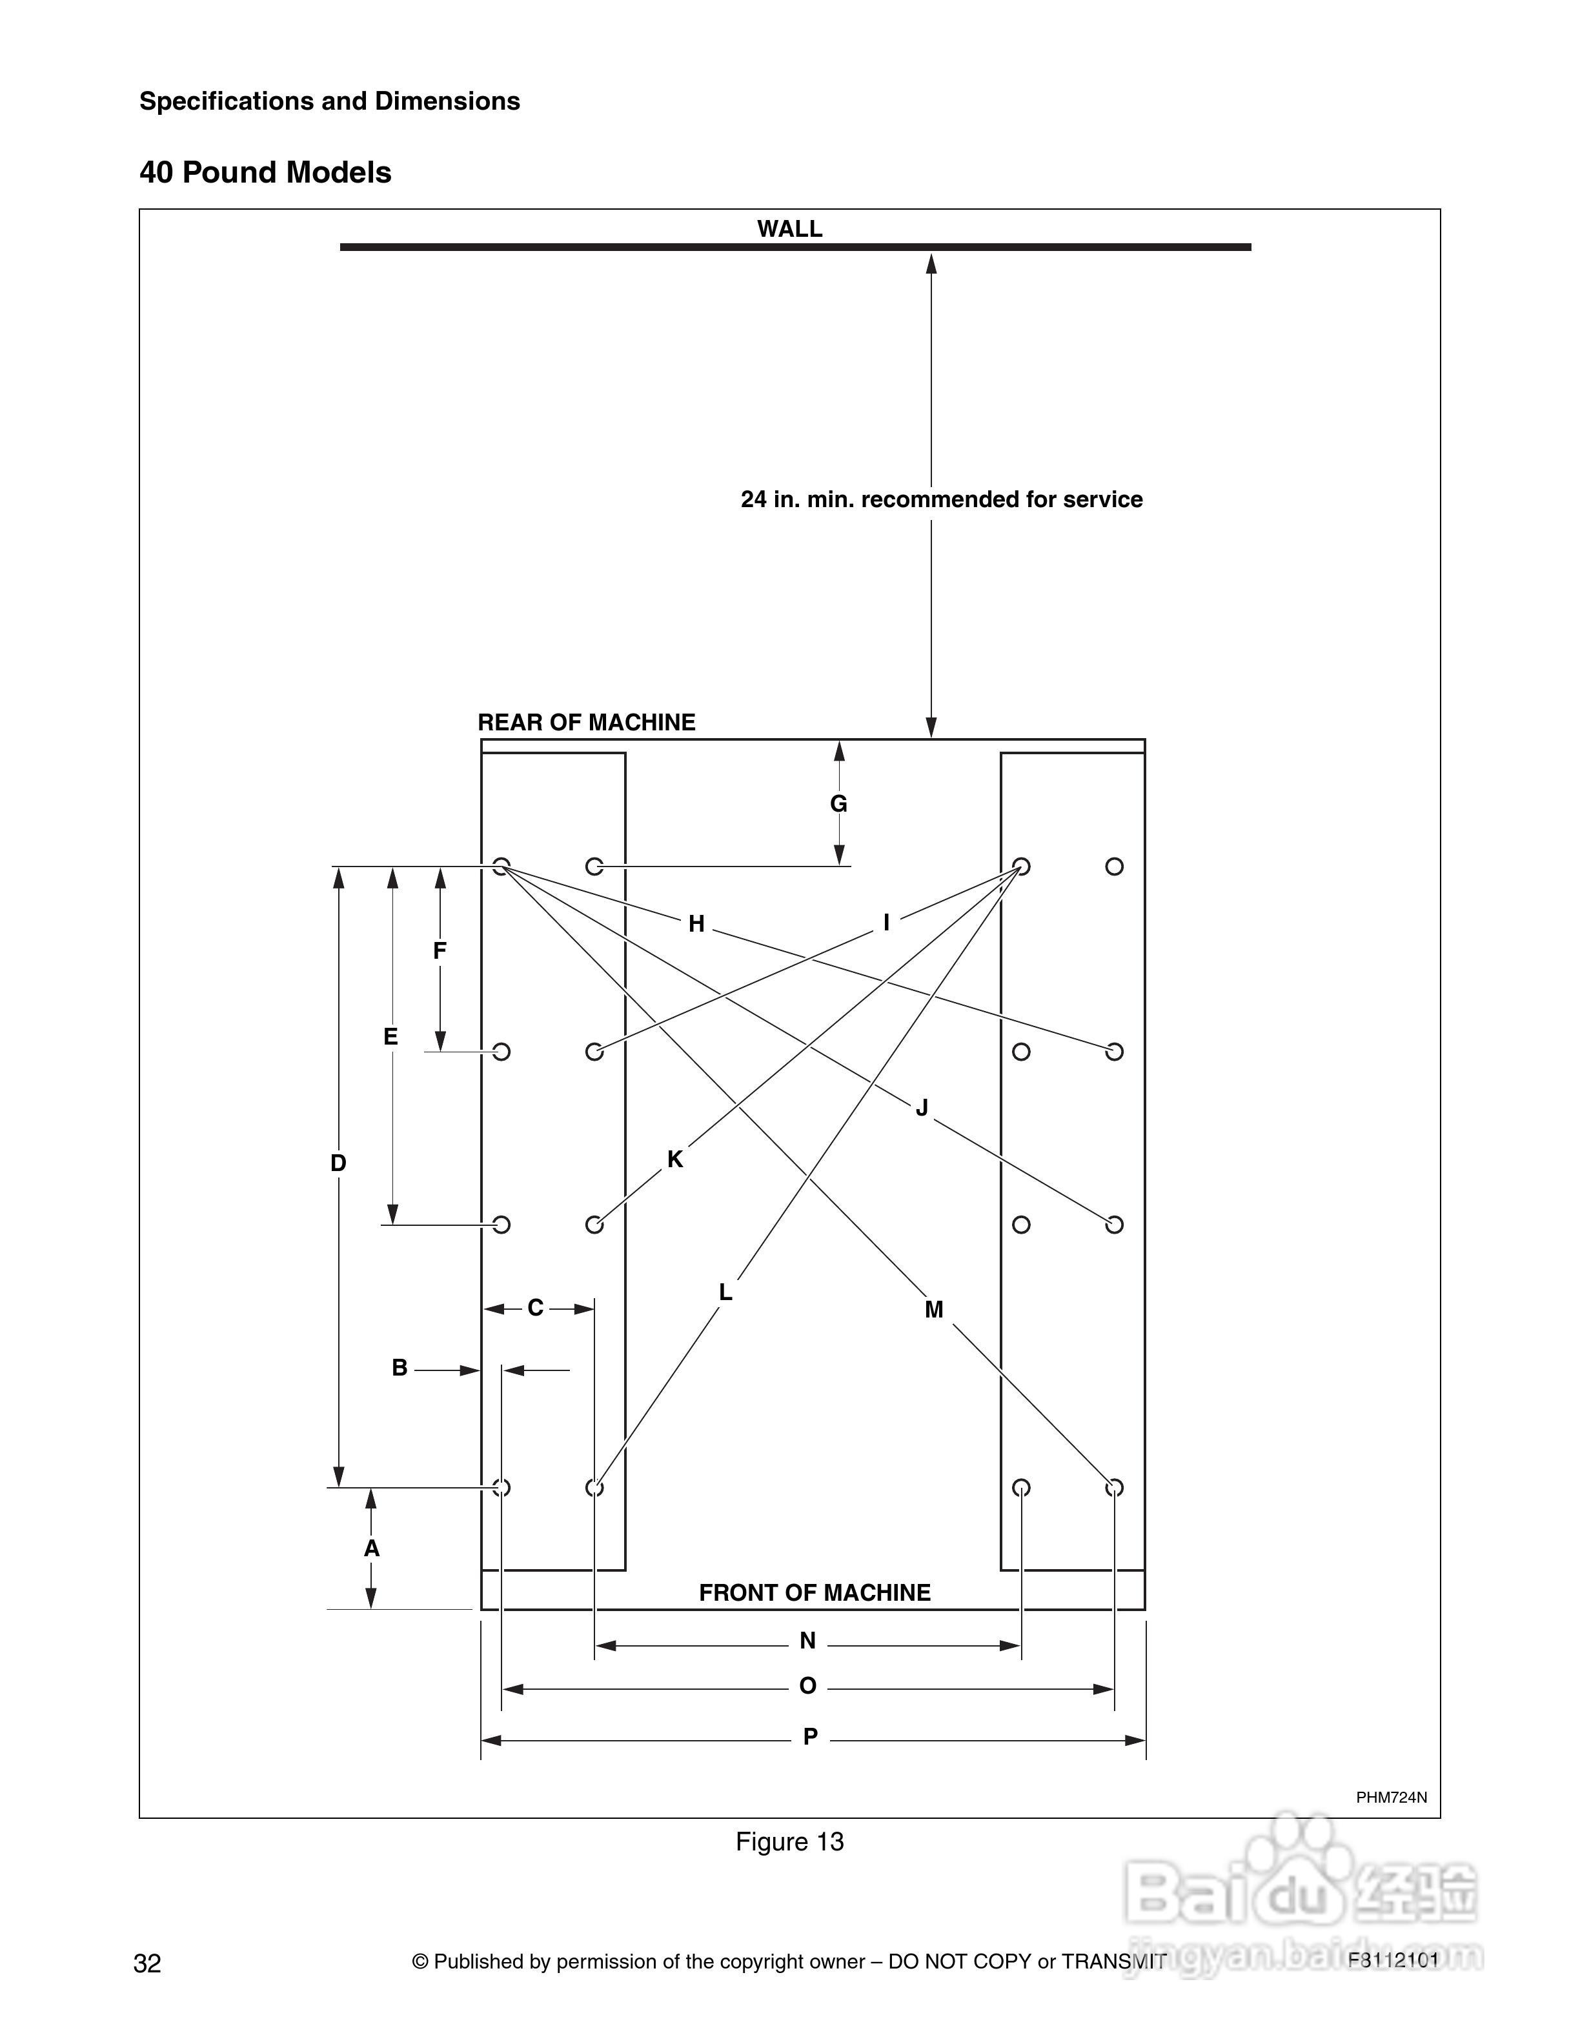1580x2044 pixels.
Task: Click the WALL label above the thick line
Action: click(789, 229)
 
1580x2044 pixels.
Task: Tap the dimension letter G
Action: click(838, 804)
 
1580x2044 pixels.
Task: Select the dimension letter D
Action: click(339, 1163)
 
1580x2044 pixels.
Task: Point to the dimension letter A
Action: click(372, 1549)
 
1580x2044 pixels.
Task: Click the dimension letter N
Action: click(808, 1641)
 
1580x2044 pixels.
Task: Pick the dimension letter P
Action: click(811, 1737)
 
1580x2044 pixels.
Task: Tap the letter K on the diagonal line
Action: click(675, 1159)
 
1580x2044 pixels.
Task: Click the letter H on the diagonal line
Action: click(696, 925)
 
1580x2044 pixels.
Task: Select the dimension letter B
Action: click(400, 1368)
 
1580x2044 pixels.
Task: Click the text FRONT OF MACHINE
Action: click(815, 1593)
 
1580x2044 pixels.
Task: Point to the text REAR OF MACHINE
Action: click(586, 723)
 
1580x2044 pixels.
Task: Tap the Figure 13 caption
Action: click(789, 1842)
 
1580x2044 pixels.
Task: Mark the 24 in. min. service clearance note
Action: click(940, 500)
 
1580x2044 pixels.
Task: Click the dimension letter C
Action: click(536, 1308)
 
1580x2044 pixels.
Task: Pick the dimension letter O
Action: click(808, 1687)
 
